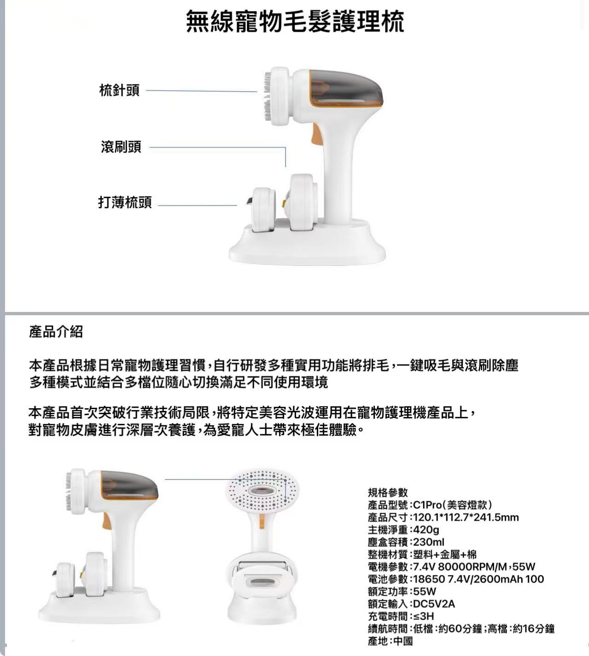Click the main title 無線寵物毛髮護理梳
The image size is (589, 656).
(295, 21)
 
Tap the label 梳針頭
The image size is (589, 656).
(119, 90)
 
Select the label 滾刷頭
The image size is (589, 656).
(121, 146)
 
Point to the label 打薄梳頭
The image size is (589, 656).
(125, 202)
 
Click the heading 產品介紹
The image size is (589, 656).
(56, 332)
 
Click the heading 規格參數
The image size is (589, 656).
(388, 492)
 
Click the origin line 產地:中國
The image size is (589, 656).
(391, 641)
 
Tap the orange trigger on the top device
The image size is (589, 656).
(315, 134)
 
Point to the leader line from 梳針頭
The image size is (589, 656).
(201, 91)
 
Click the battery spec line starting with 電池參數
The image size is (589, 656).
(456, 579)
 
